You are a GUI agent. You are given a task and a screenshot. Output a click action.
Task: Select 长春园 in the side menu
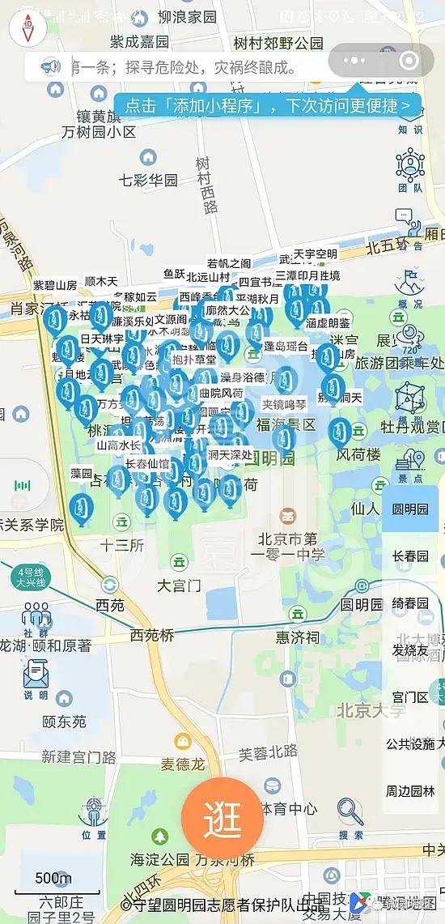[x=410, y=556]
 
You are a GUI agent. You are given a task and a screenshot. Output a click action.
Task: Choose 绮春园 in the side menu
[x=410, y=603]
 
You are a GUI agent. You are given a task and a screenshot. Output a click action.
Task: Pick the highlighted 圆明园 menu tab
[x=410, y=509]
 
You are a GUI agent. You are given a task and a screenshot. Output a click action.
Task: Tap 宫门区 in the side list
[x=410, y=697]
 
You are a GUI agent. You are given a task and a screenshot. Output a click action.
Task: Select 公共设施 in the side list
[x=410, y=744]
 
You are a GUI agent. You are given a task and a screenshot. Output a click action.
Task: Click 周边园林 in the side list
[x=410, y=791]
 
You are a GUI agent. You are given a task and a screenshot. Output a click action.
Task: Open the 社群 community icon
[x=36, y=619]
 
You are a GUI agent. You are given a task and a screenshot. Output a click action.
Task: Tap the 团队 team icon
[x=410, y=169]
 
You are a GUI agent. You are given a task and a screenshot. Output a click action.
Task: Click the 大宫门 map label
[x=178, y=585]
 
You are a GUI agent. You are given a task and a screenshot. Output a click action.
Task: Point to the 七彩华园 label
[x=148, y=180]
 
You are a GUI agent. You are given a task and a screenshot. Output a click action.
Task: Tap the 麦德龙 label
[x=183, y=764]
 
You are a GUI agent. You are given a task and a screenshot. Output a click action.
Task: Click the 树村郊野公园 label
[x=278, y=43]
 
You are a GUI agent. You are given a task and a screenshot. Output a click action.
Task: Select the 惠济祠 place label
[x=297, y=637]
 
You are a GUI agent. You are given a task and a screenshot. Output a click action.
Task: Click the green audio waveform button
[x=22, y=486]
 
